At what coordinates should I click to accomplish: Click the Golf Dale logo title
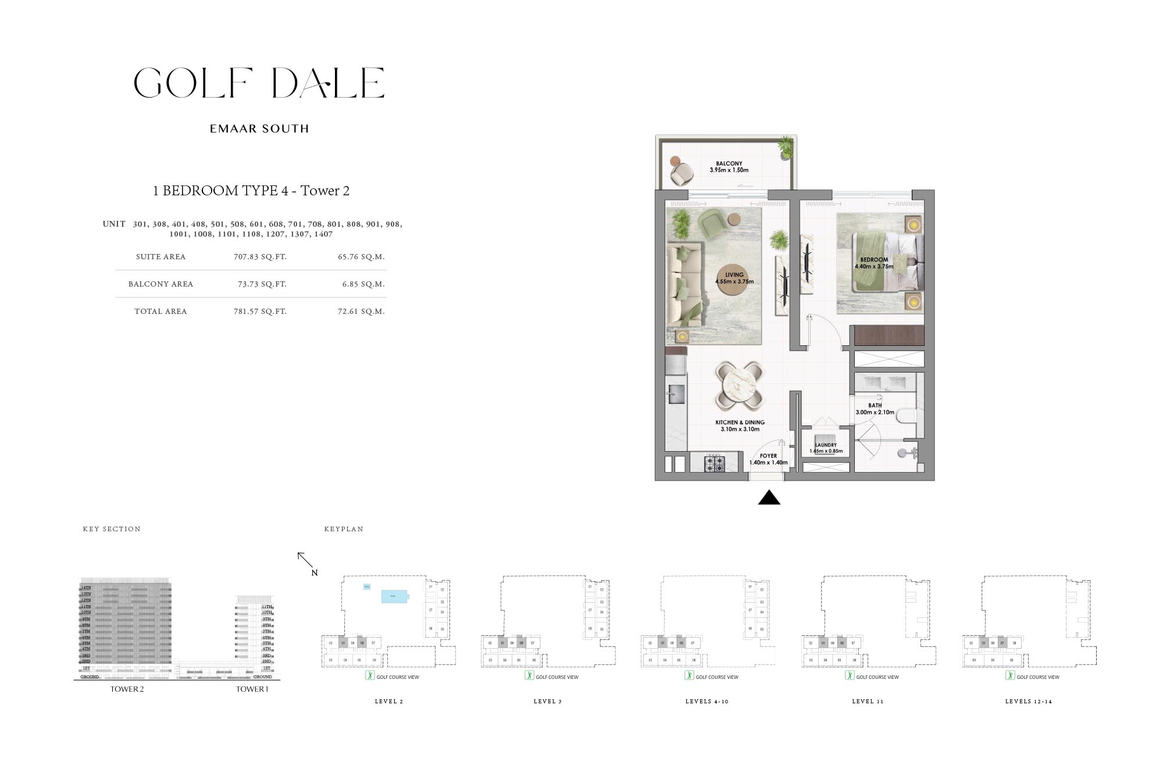[259, 83]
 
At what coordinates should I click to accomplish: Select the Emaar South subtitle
[259, 128]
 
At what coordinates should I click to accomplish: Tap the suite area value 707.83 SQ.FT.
[260, 256]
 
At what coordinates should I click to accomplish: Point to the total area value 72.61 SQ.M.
[361, 312]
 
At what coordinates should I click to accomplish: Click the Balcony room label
[729, 164]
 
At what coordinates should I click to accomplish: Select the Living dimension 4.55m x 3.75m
[734, 282]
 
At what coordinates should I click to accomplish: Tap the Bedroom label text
[874, 260]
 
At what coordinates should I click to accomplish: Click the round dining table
[740, 385]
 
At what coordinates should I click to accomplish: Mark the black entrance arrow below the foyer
[769, 498]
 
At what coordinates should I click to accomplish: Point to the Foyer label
[768, 456]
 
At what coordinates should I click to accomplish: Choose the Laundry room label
[826, 445]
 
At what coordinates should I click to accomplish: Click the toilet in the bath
[906, 416]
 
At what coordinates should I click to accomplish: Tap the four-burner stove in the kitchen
[715, 464]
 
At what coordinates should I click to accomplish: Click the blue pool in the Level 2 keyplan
[394, 596]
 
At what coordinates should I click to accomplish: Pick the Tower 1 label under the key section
[252, 689]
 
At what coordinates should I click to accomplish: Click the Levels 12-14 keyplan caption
[1029, 702]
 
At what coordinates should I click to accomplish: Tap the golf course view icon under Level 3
[529, 675]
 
